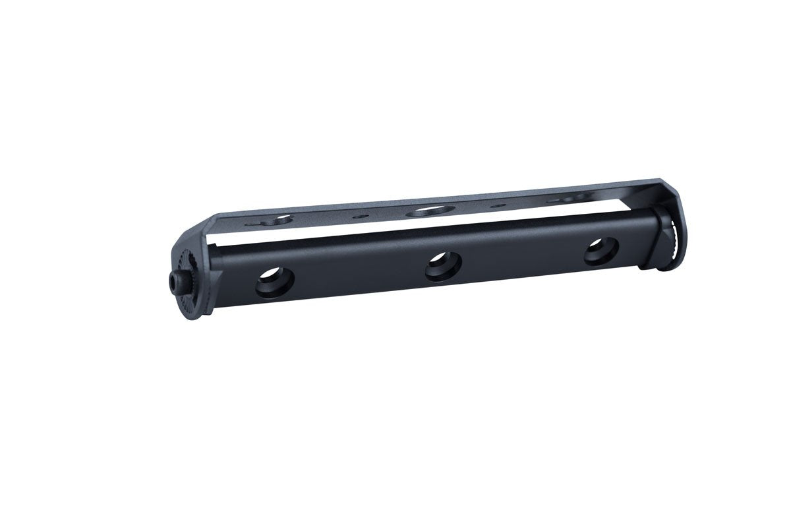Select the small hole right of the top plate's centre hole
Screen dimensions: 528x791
pos(499,206)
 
